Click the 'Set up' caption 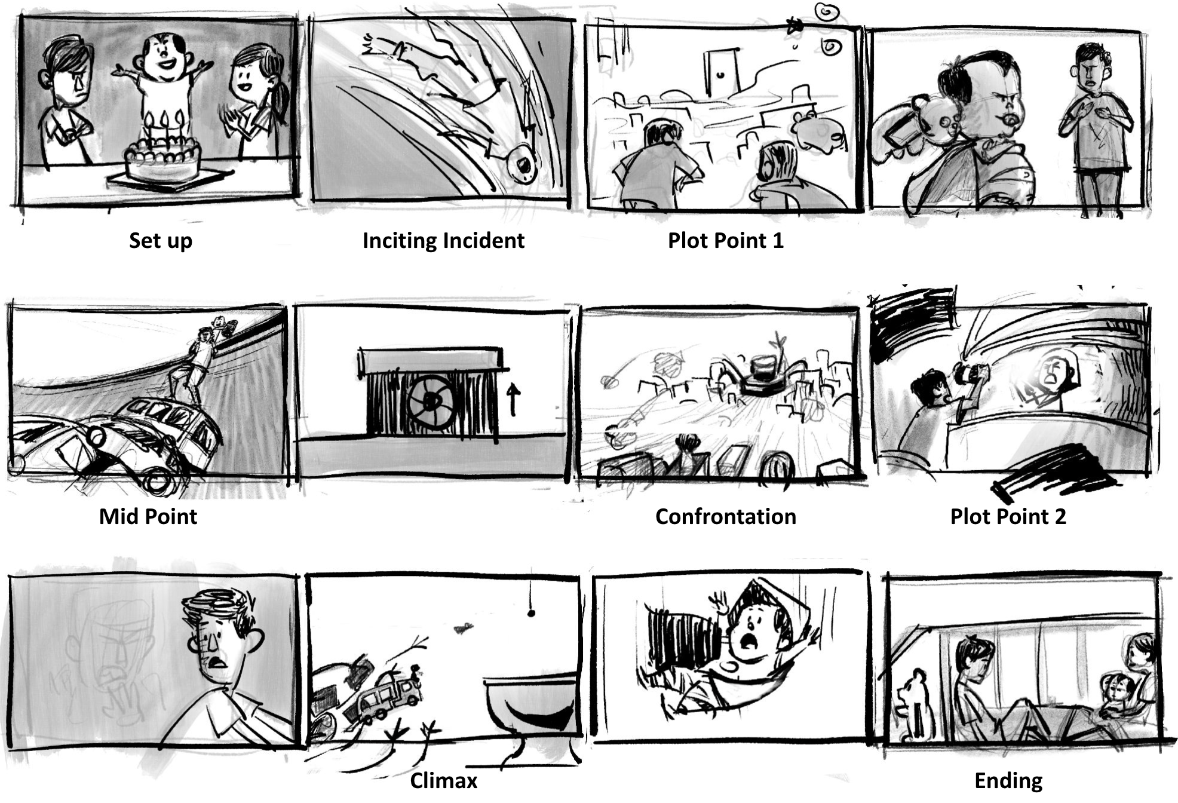pos(161,241)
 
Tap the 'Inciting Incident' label pos(443,241)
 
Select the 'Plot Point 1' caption pos(725,241)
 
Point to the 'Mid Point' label pos(148,516)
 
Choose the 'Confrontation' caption pos(726,516)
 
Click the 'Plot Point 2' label pos(1008,516)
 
